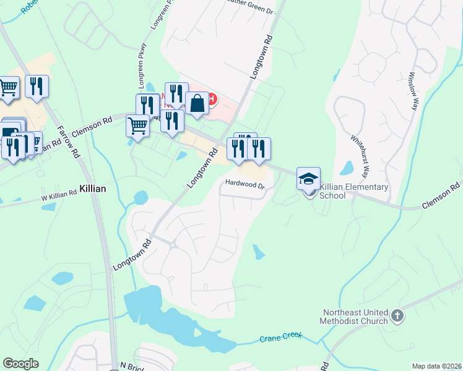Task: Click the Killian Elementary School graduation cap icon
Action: pyautogui.click(x=308, y=179)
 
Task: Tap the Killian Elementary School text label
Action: pyautogui.click(x=355, y=191)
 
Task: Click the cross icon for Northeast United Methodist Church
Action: pyautogui.click(x=397, y=317)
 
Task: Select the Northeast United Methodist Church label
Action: pyautogui.click(x=354, y=317)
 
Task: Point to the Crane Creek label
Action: pyautogui.click(x=280, y=338)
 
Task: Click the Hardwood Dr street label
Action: pyautogui.click(x=244, y=184)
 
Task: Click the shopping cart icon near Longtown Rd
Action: pyautogui.click(x=137, y=126)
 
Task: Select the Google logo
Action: pyautogui.click(x=20, y=364)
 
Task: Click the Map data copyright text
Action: pyautogui.click(x=437, y=366)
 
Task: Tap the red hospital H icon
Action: pyautogui.click(x=212, y=98)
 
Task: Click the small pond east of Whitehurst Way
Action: pyautogui.click(x=347, y=168)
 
